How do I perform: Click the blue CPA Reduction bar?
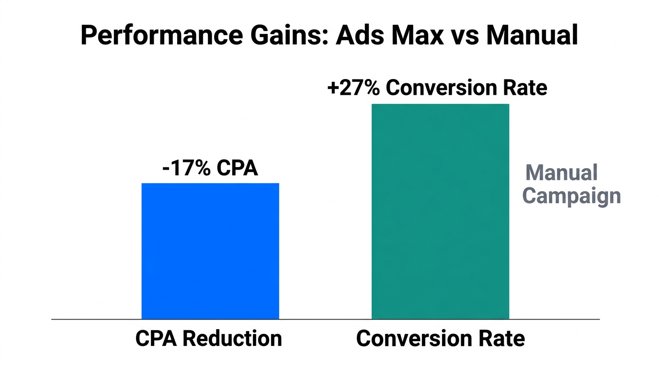pos(210,251)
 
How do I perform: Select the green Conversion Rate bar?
pos(440,211)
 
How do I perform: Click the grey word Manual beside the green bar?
pos(561,173)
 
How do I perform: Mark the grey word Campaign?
pos(571,196)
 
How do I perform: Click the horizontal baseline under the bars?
pos(326,319)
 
